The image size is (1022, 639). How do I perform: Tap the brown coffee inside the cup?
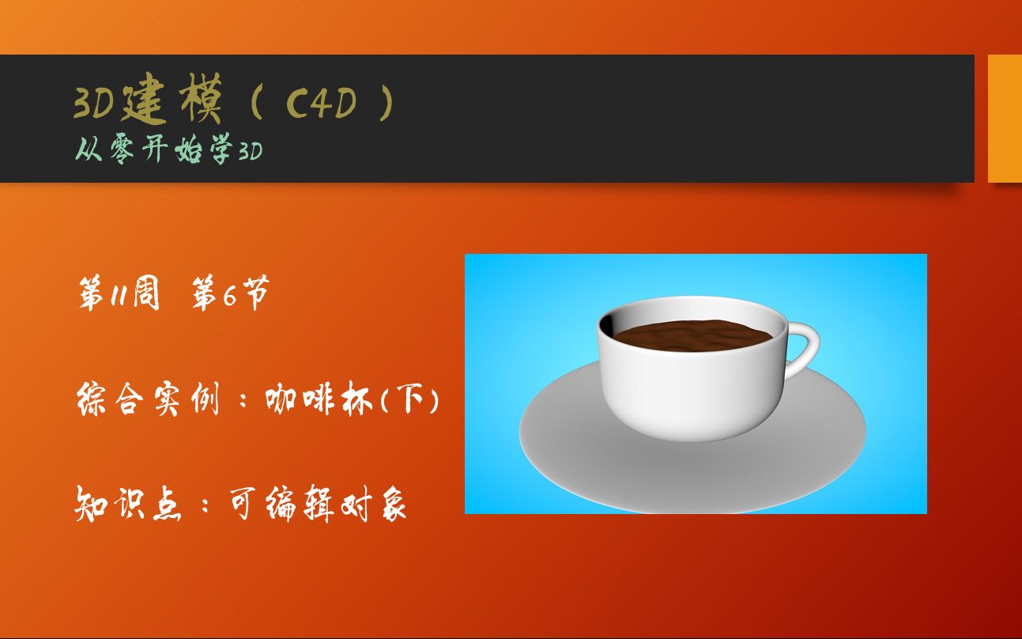tap(692, 336)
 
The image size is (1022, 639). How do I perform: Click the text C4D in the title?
tap(321, 102)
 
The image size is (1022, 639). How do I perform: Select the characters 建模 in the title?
tap(172, 99)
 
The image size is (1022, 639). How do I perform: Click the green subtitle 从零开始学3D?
tap(169, 149)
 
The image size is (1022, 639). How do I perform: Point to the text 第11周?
tap(119, 293)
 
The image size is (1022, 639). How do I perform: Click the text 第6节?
tap(231, 293)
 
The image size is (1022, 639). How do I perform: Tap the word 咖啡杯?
tap(319, 399)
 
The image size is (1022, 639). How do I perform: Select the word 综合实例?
tap(149, 399)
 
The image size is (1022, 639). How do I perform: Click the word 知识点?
tap(128, 504)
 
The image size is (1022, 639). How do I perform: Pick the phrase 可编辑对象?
tap(318, 504)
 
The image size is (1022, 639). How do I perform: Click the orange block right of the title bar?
tap(1005, 119)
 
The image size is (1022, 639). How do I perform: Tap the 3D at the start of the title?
tap(94, 103)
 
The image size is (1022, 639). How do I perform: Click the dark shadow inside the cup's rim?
tap(607, 325)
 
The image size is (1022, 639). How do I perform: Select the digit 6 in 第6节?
tap(230, 296)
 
